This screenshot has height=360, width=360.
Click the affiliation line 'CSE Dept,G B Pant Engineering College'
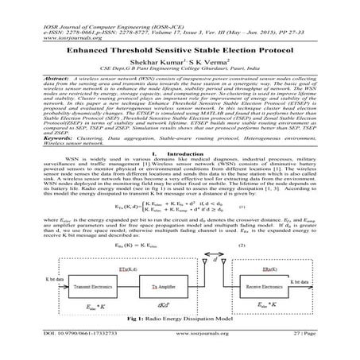180,68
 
